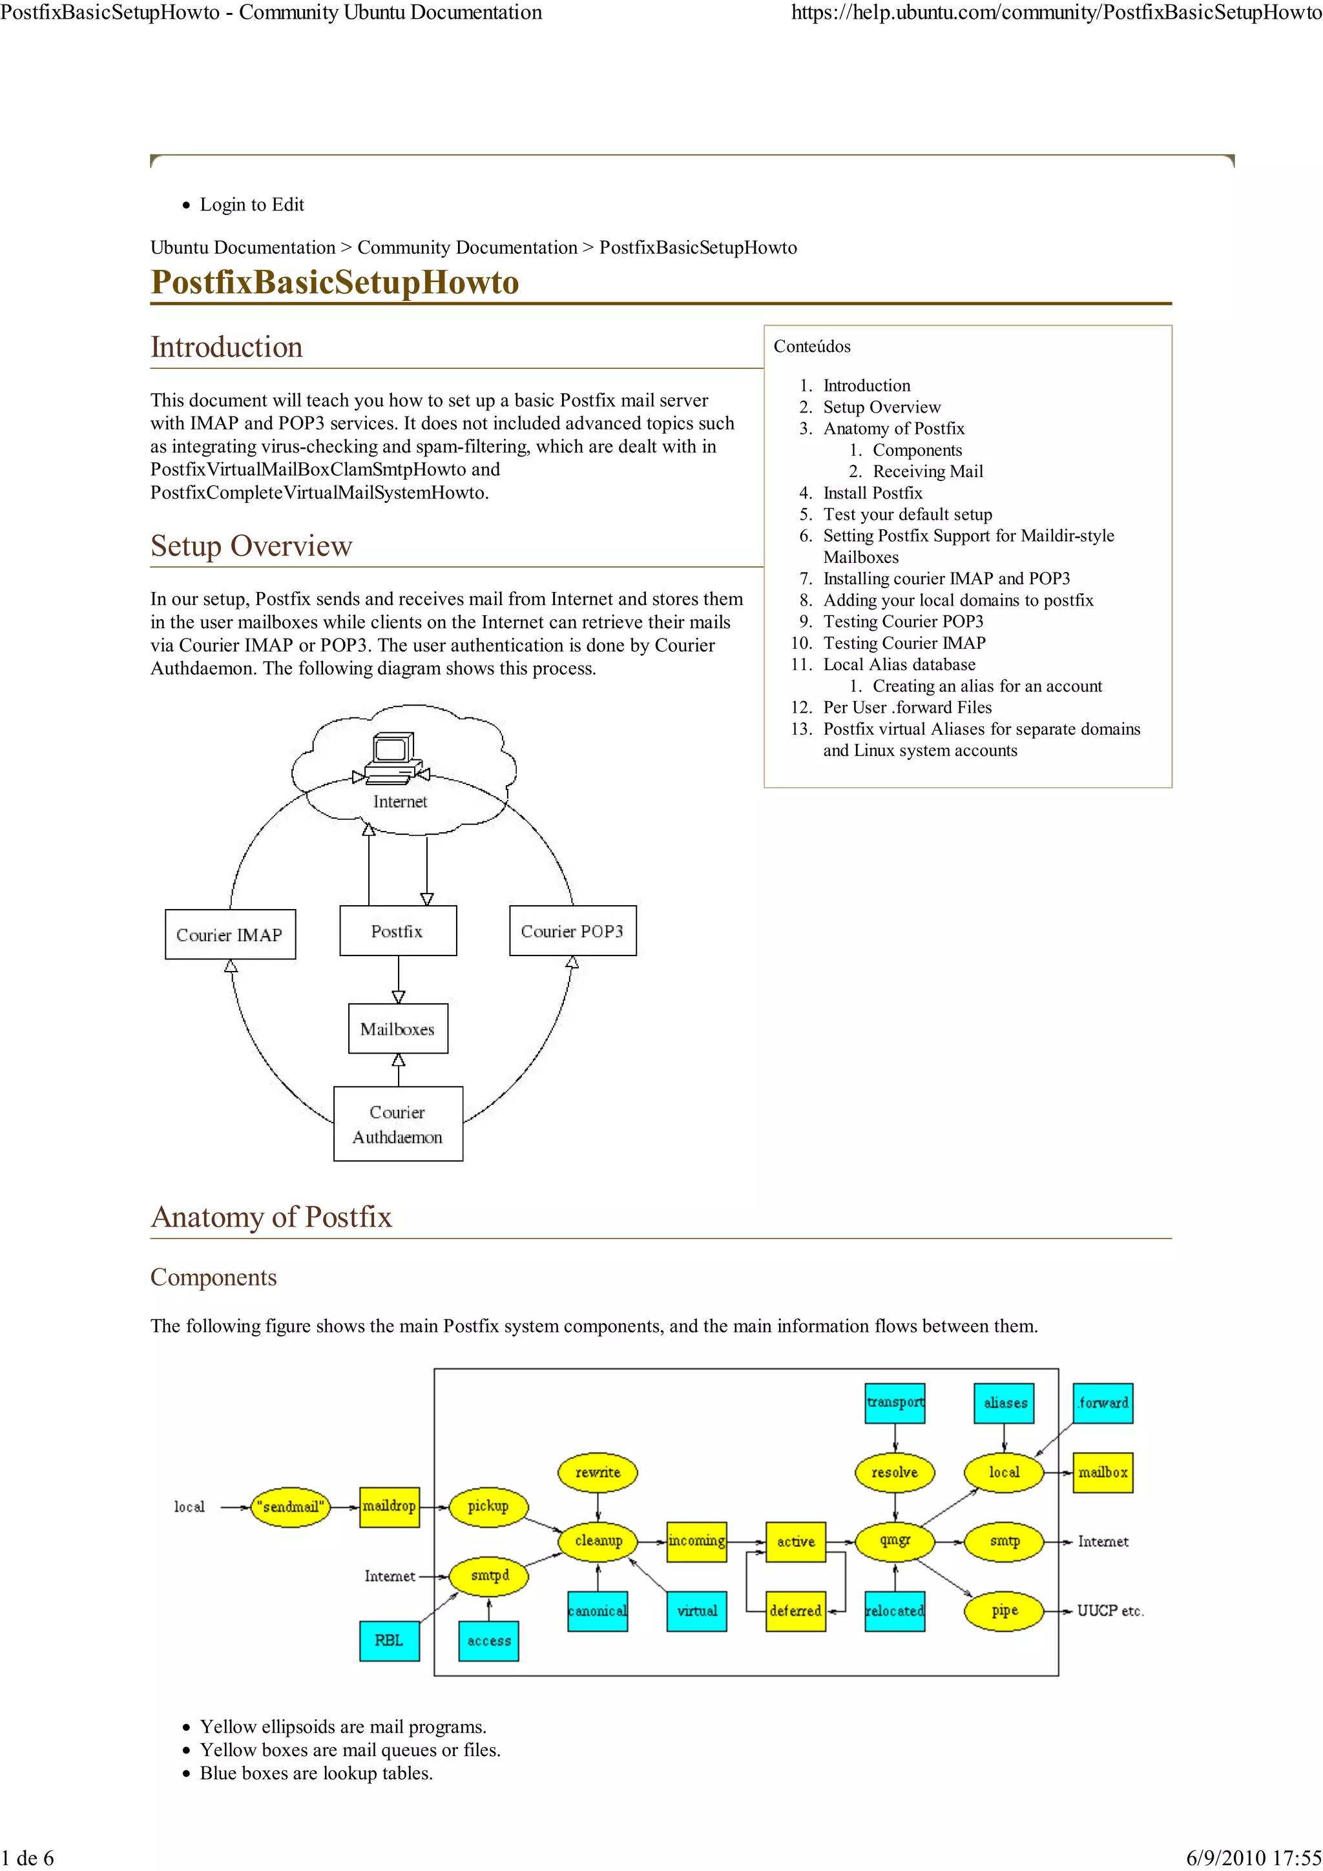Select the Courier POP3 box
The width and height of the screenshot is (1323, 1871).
click(x=572, y=930)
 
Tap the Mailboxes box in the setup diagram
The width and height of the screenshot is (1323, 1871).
click(x=398, y=1028)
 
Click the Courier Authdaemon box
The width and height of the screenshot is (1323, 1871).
click(x=398, y=1124)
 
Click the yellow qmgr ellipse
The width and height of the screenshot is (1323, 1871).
click(x=895, y=1541)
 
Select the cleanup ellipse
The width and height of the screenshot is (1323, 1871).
click(x=598, y=1541)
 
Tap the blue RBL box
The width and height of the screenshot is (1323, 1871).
click(x=389, y=1641)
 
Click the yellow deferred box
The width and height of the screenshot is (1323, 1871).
click(x=796, y=1611)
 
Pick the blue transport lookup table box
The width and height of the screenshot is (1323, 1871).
click(x=895, y=1402)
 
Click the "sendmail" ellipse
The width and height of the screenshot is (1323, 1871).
click(x=291, y=1507)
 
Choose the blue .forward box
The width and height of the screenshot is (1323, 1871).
click(x=1103, y=1402)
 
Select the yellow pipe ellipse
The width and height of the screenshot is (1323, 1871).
click(x=1005, y=1611)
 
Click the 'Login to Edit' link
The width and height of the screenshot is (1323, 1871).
click(x=252, y=205)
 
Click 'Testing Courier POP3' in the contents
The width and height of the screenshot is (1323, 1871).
click(x=903, y=622)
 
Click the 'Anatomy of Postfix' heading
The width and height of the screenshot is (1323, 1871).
click(x=271, y=1216)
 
